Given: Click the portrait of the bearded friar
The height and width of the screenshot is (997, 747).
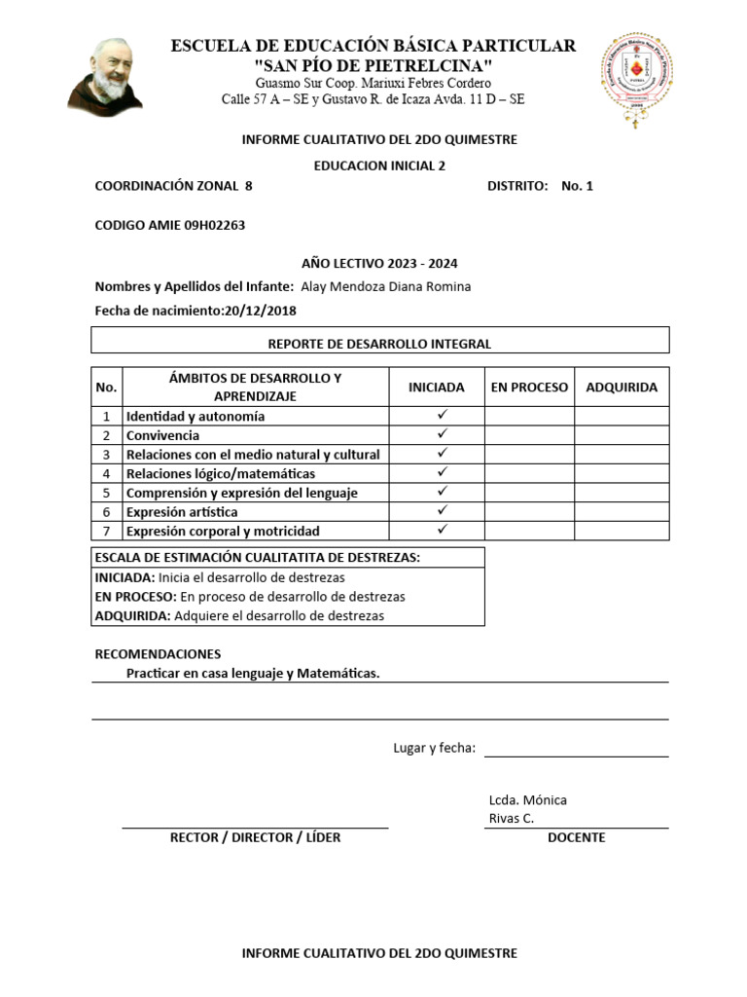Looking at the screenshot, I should tap(105, 73).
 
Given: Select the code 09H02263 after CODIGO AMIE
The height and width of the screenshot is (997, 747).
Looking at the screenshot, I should tap(213, 225).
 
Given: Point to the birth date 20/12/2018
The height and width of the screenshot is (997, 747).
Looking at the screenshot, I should tap(260, 311).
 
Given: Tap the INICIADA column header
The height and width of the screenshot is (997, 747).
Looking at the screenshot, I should tap(437, 387).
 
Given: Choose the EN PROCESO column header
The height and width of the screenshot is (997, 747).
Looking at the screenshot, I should tap(529, 387).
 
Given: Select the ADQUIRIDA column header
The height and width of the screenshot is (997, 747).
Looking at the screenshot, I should tap(622, 387).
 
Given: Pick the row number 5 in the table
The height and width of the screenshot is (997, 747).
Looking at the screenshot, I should tap(106, 493).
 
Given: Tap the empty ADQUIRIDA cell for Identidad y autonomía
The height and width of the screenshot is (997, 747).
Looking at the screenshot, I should tap(622, 416).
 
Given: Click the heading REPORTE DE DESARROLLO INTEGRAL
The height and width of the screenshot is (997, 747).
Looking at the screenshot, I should tap(379, 344).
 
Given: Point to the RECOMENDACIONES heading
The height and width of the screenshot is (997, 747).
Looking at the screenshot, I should tap(158, 653).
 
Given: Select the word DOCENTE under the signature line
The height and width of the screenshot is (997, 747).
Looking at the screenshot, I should tap(576, 837).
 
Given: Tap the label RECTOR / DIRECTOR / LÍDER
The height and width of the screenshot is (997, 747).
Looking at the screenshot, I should tap(255, 837).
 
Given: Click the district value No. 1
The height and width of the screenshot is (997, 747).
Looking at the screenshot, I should tap(578, 186).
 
